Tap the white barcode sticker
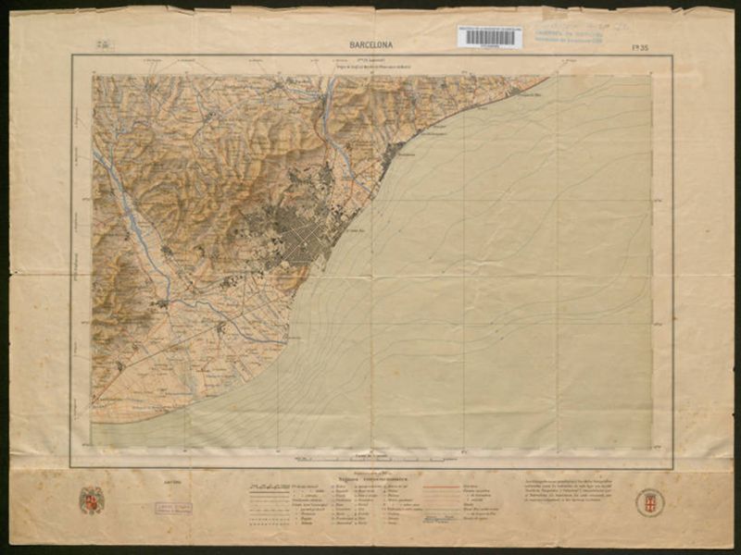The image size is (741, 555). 489,37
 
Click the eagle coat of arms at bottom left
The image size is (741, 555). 92,499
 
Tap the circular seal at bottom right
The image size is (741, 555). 649,502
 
